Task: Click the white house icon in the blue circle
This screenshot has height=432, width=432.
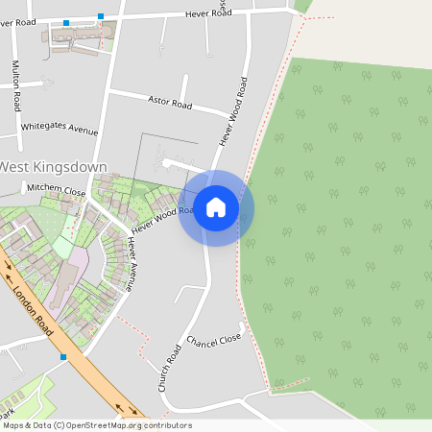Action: [x=216, y=207]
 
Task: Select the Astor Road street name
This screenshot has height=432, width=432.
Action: [x=172, y=99]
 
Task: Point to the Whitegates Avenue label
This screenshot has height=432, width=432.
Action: [x=60, y=129]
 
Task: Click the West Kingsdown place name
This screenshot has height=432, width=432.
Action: [x=53, y=167]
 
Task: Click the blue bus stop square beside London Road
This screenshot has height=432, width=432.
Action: [x=63, y=357]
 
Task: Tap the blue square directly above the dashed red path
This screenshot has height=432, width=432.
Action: [x=101, y=16]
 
